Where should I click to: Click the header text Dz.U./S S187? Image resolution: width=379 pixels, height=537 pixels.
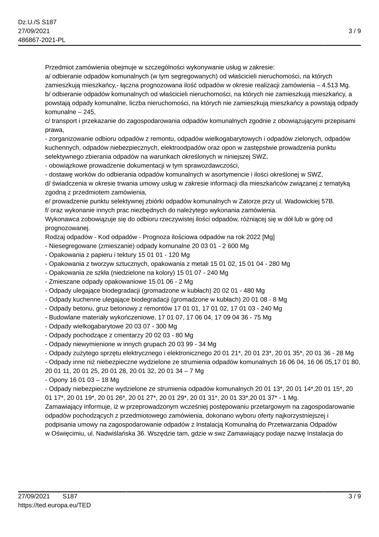pos(38,22)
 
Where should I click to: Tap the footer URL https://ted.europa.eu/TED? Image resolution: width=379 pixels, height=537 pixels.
pos(54,504)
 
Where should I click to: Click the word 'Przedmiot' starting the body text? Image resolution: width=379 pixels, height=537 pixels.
pos(61,67)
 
